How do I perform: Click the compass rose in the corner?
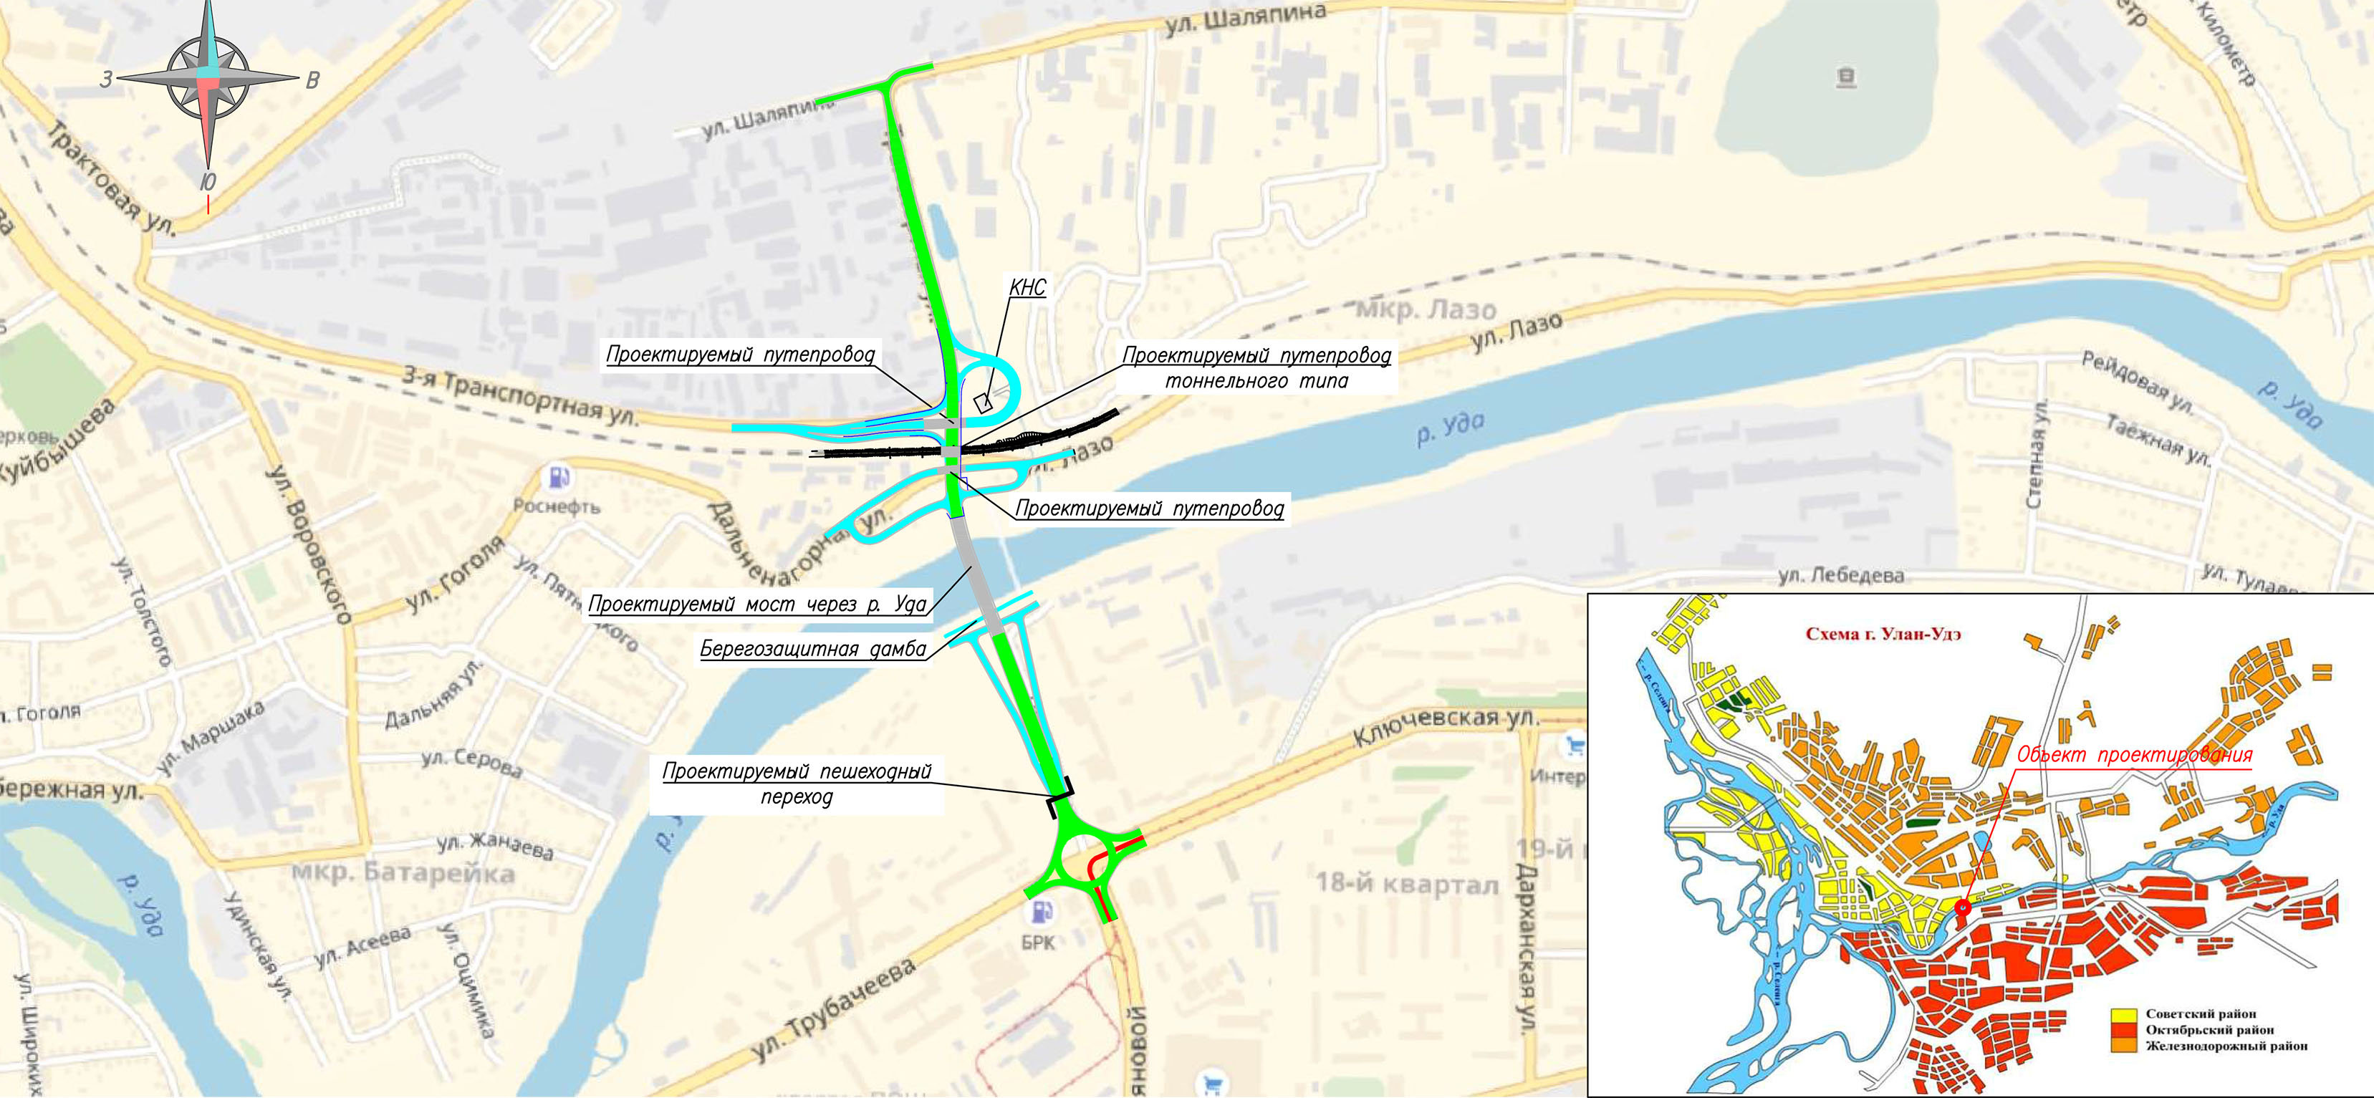pos(208,80)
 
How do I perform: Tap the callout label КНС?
pos(1027,287)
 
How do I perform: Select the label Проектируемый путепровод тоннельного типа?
pos(1256,367)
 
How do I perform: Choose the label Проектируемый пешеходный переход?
pos(797,783)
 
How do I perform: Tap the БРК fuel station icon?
pos(1042,911)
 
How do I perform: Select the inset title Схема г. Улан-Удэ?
pos(1882,633)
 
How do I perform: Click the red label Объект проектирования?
pos(2133,756)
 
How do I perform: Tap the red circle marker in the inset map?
pos(1962,907)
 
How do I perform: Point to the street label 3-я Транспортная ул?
pos(521,398)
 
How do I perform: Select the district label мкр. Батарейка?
pos(403,872)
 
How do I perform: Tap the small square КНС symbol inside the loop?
pos(982,403)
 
